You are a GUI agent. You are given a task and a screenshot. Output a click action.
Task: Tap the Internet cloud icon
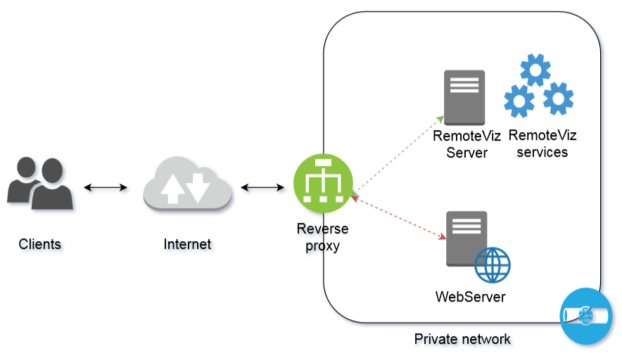(x=187, y=186)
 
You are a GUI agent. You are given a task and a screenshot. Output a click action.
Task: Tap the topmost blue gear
(x=535, y=71)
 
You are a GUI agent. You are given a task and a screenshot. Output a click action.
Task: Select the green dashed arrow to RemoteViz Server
(x=398, y=151)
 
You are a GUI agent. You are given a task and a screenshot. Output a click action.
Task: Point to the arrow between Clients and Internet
(x=106, y=188)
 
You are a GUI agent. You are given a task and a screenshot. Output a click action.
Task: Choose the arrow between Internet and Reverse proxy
(x=262, y=188)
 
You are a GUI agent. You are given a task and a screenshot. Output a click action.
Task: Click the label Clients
(x=40, y=245)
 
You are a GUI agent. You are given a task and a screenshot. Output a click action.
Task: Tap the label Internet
(x=187, y=245)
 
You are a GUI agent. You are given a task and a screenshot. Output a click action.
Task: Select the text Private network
(x=462, y=340)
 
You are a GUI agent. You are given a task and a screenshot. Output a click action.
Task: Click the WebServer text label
(x=470, y=297)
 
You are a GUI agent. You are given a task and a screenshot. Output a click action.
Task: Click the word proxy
(x=323, y=245)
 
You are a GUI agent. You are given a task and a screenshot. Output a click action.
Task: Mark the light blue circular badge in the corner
(x=586, y=316)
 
